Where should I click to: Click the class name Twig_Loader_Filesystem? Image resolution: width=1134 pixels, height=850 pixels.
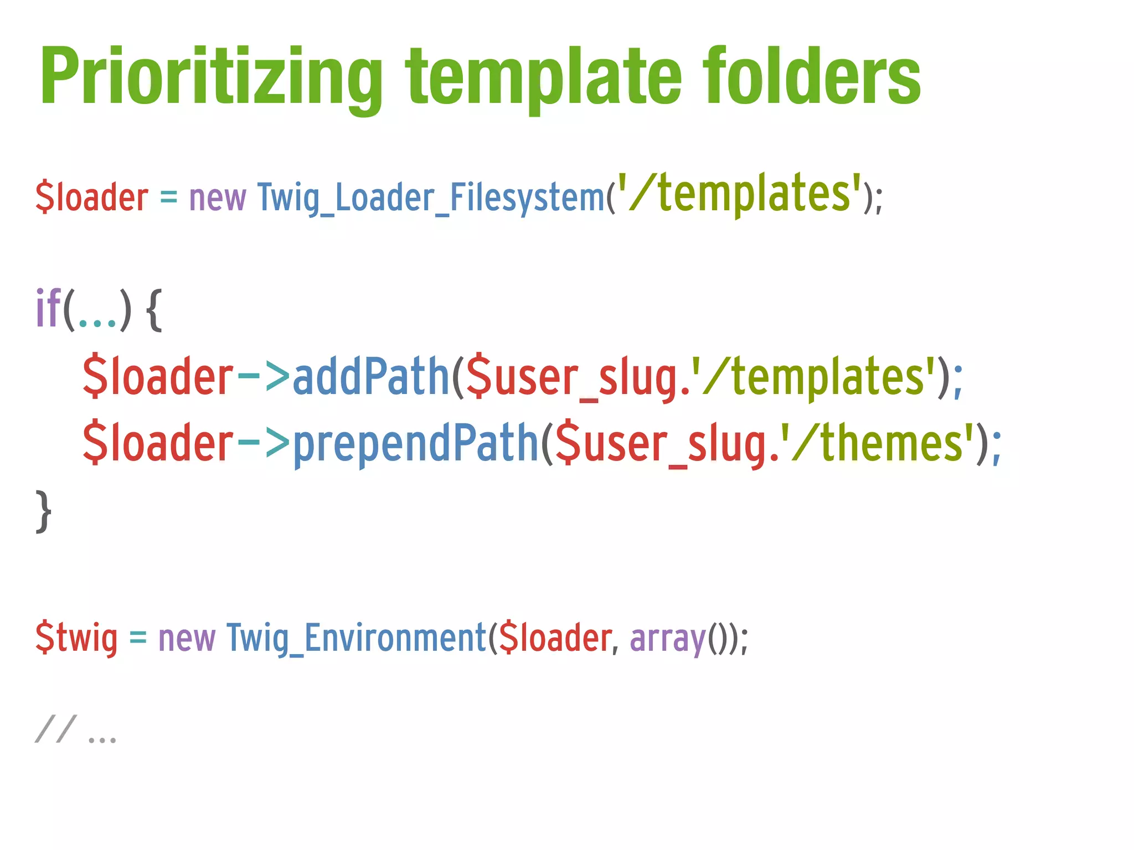[431, 197]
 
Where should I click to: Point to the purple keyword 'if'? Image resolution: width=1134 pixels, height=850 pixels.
[48, 309]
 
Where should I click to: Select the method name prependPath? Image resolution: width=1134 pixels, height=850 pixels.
[415, 443]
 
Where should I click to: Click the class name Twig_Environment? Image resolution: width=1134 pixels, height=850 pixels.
[356, 638]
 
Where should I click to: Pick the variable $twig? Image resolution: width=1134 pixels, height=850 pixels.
[76, 638]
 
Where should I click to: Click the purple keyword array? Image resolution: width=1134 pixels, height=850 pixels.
[668, 638]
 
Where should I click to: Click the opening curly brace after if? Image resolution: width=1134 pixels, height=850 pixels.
[154, 310]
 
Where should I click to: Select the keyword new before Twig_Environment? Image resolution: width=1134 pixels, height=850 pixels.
[187, 638]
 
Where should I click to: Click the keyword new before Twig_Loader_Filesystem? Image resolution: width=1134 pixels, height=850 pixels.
[218, 198]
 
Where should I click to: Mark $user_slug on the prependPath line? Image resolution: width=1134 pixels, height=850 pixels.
[660, 443]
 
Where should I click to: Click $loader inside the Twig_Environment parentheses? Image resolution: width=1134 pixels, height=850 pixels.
[555, 638]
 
